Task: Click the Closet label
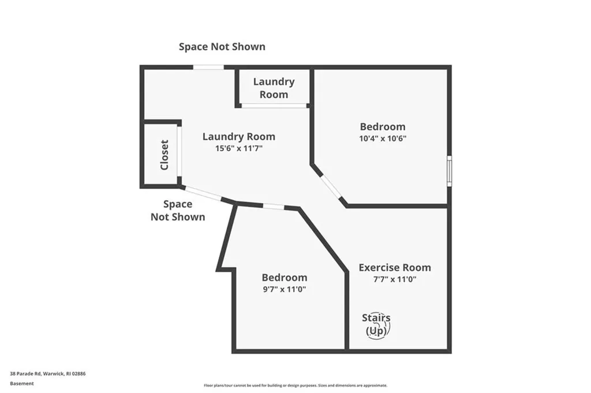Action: pyautogui.click(x=164, y=155)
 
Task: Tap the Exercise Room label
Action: pyautogui.click(x=395, y=267)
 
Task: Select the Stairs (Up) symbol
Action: pyautogui.click(x=376, y=325)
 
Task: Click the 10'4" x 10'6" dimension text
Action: pyautogui.click(x=383, y=139)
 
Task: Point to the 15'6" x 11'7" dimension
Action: pyautogui.click(x=238, y=148)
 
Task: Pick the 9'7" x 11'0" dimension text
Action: pyautogui.click(x=284, y=289)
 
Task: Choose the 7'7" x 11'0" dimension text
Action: pyautogui.click(x=395, y=279)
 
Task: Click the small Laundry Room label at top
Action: pyautogui.click(x=274, y=88)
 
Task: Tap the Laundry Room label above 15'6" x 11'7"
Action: pyautogui.click(x=238, y=137)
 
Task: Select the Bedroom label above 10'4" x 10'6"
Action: pyautogui.click(x=383, y=126)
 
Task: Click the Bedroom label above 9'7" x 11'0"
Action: pyautogui.click(x=284, y=278)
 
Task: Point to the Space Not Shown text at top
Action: pyautogui.click(x=222, y=47)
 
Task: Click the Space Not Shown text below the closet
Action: pyautogui.click(x=178, y=210)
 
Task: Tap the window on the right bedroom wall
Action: pyautogui.click(x=449, y=170)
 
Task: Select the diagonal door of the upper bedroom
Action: pyautogui.click(x=331, y=186)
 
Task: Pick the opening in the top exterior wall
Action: pyautogui.click(x=208, y=68)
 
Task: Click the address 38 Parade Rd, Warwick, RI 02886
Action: pyautogui.click(x=48, y=374)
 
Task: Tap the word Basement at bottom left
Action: pyautogui.click(x=21, y=383)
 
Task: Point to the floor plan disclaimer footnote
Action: pyautogui.click(x=295, y=385)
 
